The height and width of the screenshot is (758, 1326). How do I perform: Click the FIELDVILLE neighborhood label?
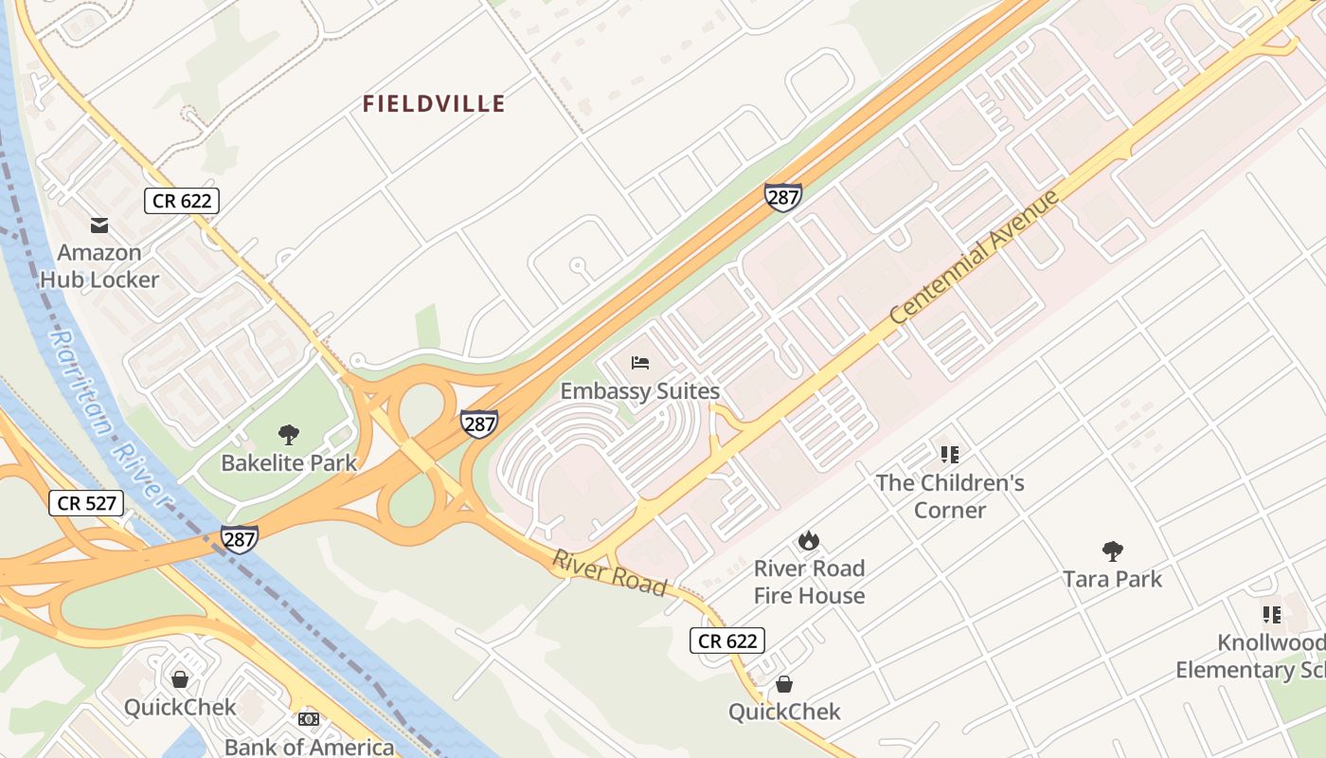434,104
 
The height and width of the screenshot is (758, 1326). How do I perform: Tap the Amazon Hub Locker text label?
99,266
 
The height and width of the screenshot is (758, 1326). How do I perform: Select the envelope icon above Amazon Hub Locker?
99,226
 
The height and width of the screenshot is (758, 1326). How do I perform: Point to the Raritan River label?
110,417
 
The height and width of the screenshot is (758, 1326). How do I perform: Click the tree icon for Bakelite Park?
289,435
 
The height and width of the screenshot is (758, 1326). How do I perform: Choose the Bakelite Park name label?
289,463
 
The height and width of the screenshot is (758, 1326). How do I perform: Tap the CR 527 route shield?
86,503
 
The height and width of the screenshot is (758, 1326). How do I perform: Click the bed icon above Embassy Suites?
640,362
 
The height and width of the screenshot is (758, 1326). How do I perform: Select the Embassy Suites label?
640,391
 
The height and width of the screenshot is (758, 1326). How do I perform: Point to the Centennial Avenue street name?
975,257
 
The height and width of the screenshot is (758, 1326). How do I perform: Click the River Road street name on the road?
610,572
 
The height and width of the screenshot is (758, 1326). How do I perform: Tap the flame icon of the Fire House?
808,541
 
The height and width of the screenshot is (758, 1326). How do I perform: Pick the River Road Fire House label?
809,582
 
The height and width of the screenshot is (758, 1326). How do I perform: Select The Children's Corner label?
950,496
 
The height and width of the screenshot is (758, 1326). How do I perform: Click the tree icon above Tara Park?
1112,550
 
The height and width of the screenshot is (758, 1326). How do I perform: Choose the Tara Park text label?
1112,579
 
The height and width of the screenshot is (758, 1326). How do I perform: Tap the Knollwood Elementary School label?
1250,657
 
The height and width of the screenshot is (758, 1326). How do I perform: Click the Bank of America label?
309,747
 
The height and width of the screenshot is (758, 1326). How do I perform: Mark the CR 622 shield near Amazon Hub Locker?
182,201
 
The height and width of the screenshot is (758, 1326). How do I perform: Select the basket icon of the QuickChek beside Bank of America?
180,678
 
